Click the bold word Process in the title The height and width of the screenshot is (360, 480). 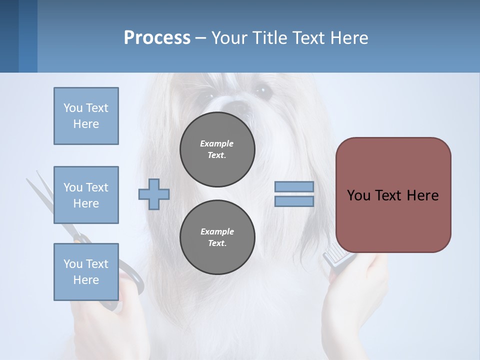157,38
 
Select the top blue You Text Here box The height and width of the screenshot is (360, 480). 86,116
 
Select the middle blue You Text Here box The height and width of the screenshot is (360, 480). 86,195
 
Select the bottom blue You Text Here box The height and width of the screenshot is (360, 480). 86,272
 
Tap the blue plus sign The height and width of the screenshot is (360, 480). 154,194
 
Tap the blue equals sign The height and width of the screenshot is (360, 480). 294,194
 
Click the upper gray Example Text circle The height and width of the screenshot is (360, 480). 217,149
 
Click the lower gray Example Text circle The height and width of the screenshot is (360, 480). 217,237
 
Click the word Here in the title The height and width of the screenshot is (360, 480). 348,38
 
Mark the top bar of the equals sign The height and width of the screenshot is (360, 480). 294,187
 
